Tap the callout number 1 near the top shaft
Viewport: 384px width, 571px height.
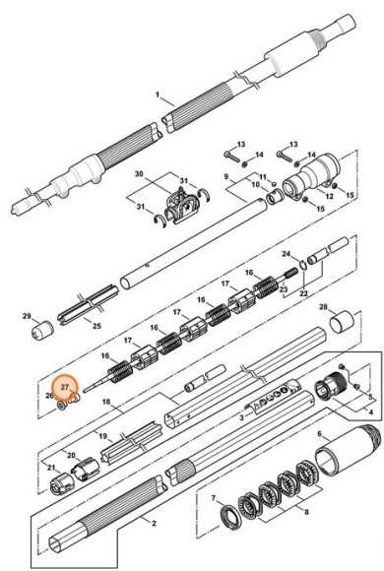tap(157, 96)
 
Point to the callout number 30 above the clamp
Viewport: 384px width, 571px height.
tap(139, 173)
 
